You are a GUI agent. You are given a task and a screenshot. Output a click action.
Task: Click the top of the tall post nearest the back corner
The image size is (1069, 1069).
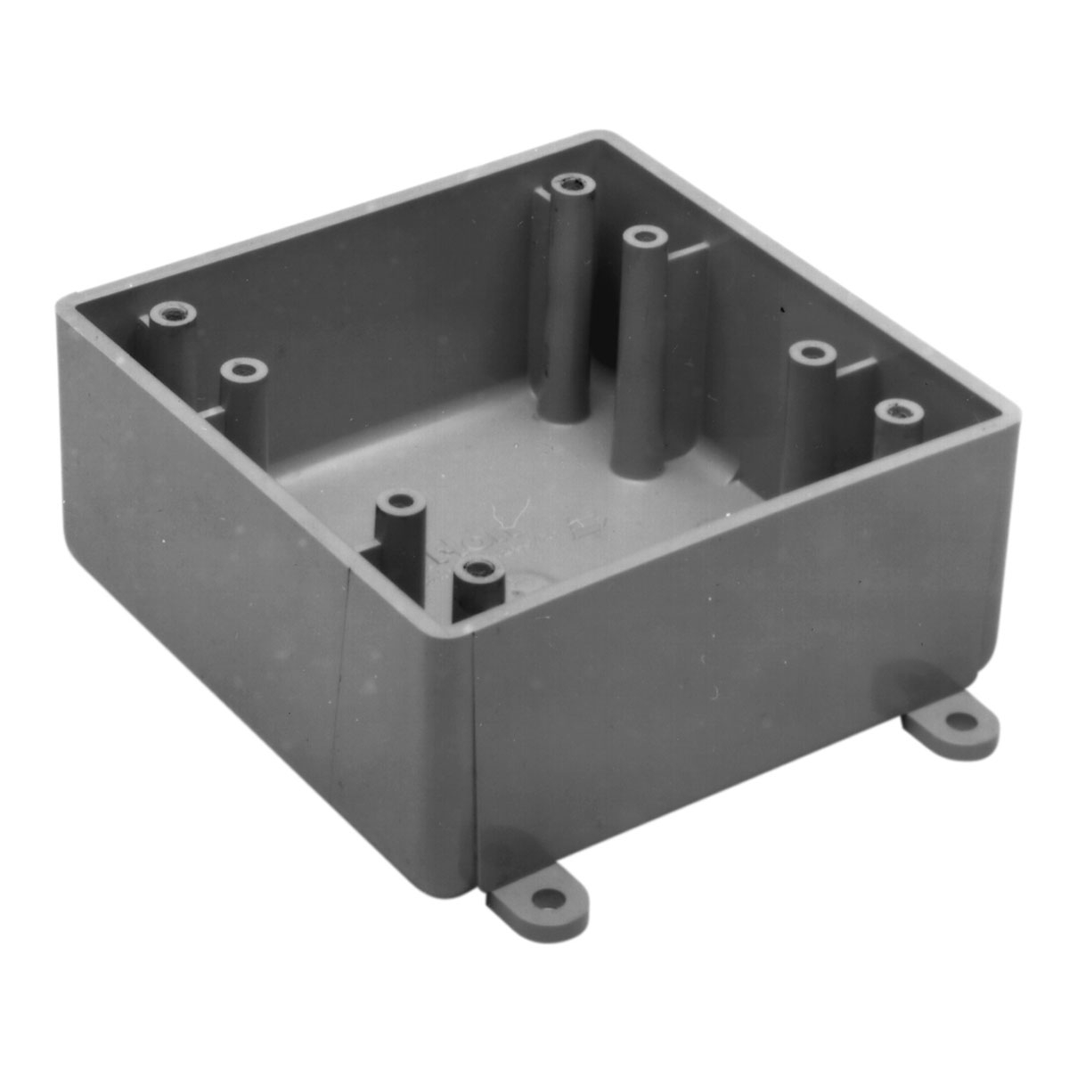(572, 184)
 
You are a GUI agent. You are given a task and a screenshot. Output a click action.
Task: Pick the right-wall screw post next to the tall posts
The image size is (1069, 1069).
(811, 354)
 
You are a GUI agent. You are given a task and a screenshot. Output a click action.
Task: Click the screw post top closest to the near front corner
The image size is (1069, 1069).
(479, 568)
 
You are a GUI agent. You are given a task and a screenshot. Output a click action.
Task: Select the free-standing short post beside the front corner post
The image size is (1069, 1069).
(399, 502)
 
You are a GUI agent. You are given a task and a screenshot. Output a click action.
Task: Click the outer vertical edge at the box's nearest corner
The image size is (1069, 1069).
(469, 757)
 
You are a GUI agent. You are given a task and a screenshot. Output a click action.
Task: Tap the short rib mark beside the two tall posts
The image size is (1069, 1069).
(688, 252)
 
